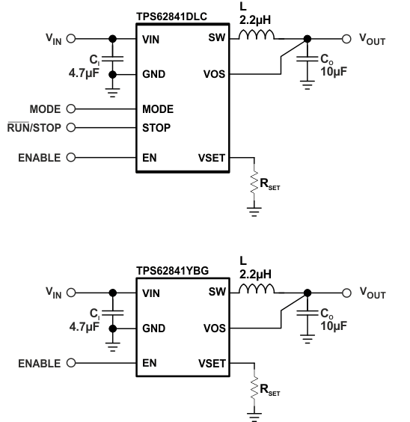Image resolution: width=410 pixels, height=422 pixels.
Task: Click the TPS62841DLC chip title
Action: [171, 16]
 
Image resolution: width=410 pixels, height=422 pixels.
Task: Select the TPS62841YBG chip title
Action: [172, 271]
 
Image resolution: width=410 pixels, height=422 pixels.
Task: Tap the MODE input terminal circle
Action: [71, 109]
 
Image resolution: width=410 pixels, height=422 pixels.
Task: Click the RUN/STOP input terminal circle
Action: [71, 127]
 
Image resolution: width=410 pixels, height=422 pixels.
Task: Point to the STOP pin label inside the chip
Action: [156, 128]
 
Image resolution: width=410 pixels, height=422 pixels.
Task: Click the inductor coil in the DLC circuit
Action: [257, 35]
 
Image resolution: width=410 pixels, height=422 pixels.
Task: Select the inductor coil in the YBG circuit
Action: [257, 289]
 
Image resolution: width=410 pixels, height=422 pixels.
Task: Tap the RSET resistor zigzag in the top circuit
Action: [254, 182]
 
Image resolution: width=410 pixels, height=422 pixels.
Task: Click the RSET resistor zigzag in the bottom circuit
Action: [254, 388]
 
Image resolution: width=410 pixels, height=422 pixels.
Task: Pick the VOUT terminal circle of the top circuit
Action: [346, 39]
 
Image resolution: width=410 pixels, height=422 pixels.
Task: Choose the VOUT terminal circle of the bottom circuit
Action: [346, 293]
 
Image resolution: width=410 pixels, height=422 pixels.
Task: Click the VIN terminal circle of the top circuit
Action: [71, 39]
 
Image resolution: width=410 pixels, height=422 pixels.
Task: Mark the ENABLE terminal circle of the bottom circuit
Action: [71, 363]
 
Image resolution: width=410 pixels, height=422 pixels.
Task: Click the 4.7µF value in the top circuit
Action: [84, 73]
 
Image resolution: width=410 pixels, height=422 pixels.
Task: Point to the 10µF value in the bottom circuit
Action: [334, 326]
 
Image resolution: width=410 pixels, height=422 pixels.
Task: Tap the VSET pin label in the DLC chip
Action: [212, 158]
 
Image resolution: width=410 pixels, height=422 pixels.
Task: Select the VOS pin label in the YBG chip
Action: [215, 328]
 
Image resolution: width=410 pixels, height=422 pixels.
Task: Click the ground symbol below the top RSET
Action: [254, 212]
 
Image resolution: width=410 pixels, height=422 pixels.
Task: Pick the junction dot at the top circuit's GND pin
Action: [113, 75]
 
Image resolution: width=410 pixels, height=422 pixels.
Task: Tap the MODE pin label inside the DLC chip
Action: [158, 109]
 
